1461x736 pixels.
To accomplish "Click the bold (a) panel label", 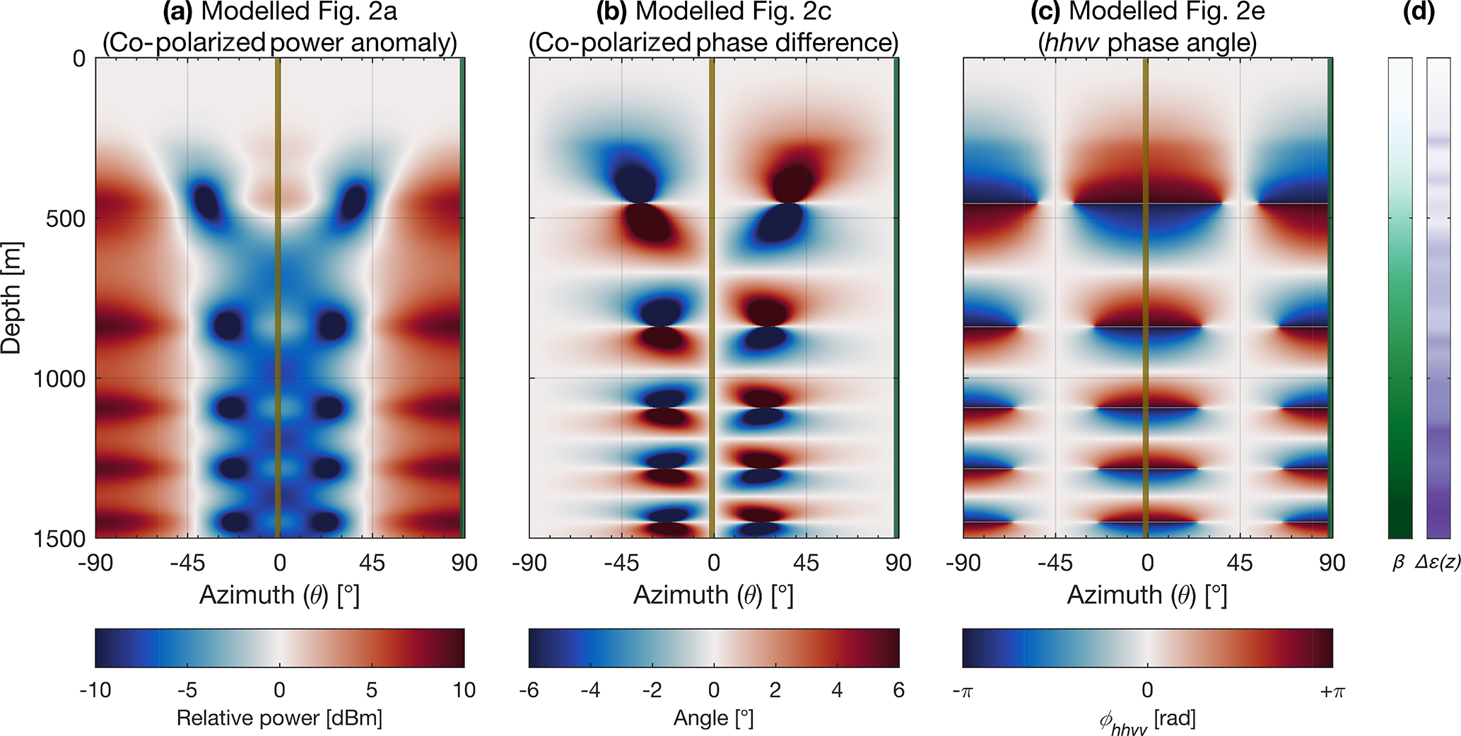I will (x=176, y=11).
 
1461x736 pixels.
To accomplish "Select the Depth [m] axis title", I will (x=12, y=298).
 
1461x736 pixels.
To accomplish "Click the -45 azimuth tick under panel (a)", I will (x=187, y=563).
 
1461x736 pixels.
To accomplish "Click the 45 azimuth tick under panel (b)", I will (x=806, y=563).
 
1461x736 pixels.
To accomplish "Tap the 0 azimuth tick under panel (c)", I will (x=1147, y=563).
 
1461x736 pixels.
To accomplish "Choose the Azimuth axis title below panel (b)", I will (x=713, y=595).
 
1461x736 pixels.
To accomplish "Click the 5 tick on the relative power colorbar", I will (x=372, y=690).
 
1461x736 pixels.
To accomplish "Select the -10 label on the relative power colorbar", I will (x=95, y=690).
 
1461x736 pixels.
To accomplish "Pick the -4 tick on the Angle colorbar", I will (x=590, y=690).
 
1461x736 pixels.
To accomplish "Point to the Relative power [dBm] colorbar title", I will (x=279, y=718).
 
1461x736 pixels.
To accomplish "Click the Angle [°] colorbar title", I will (x=713, y=718).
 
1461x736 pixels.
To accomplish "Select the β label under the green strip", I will (x=1397, y=563).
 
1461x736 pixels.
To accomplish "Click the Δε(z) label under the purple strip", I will (x=1438, y=563).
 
